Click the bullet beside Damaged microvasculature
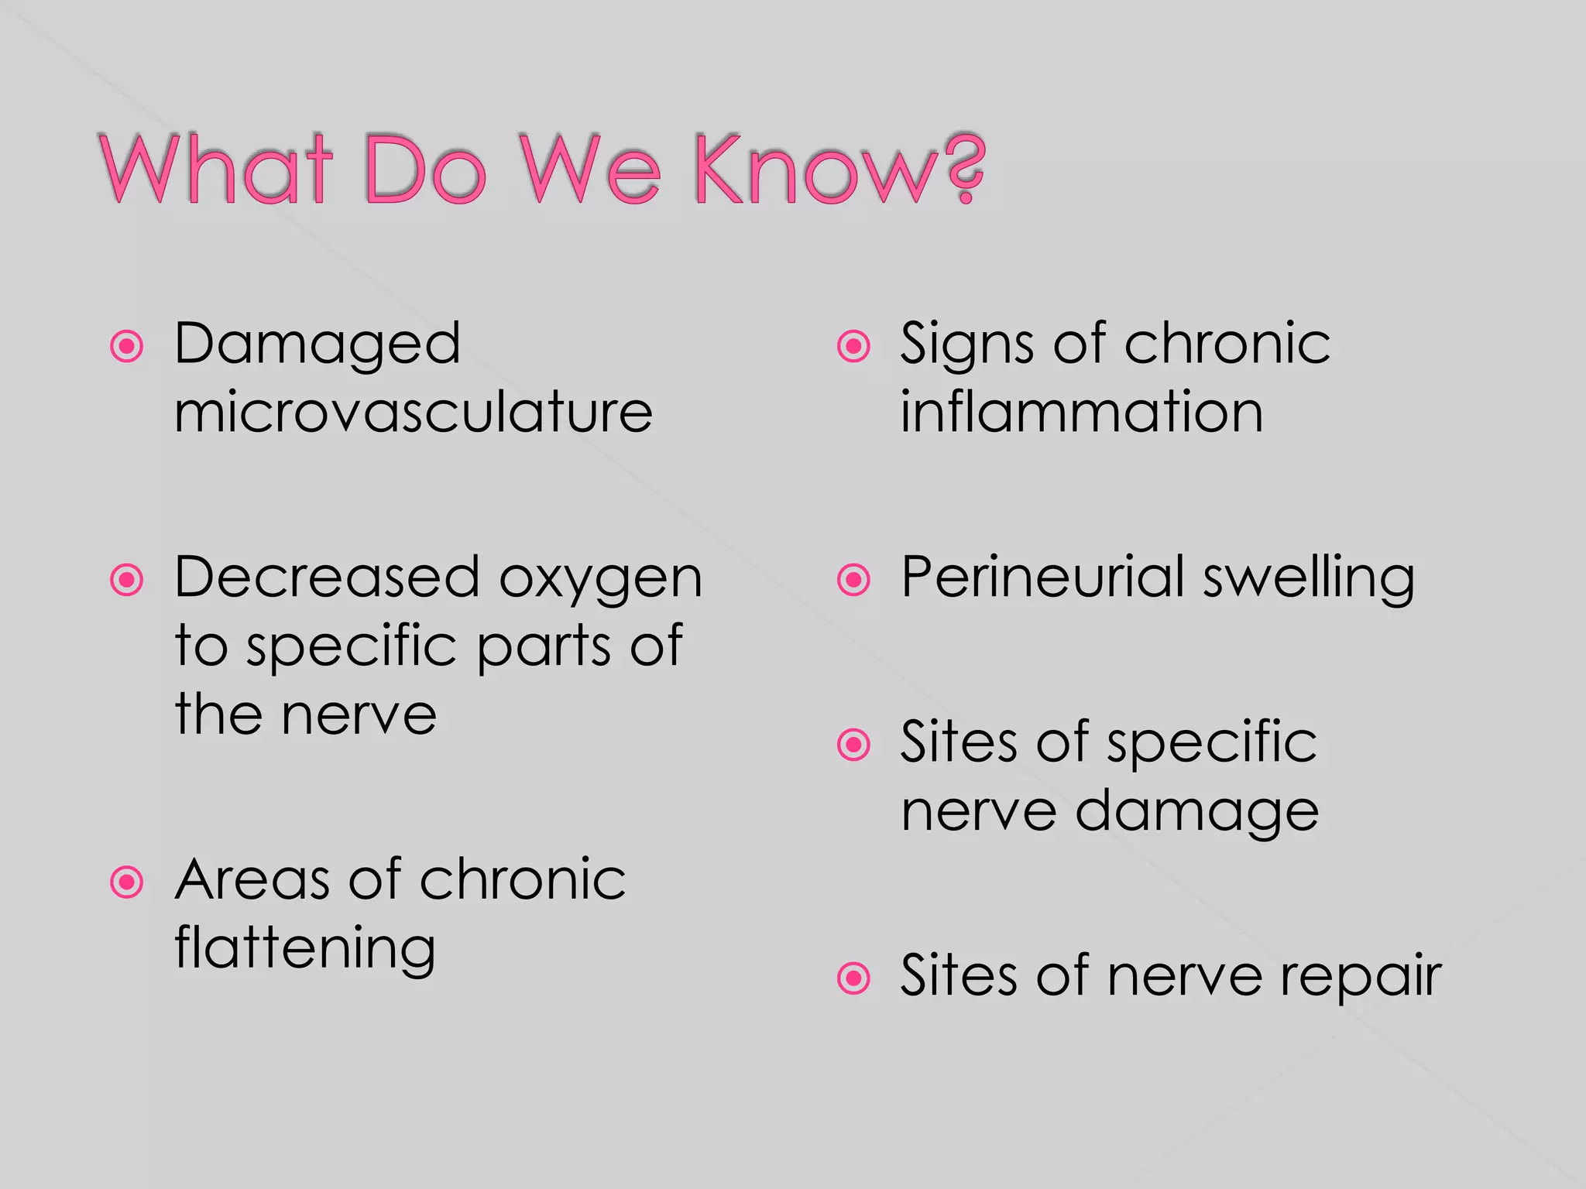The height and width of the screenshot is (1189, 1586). coord(127,346)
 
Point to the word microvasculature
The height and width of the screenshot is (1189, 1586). coord(414,412)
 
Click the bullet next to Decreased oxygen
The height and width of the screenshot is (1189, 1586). coord(127,580)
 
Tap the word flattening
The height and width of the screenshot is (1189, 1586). coord(305,949)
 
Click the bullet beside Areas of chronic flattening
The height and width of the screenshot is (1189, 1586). coord(127,882)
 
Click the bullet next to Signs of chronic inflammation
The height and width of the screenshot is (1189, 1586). coord(854,346)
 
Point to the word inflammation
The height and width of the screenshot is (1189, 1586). coord(1081,412)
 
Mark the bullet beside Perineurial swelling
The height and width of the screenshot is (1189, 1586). coord(854,580)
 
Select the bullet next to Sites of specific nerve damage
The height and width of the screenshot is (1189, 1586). coord(854,745)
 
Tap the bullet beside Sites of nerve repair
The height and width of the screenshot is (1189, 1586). coord(854,978)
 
